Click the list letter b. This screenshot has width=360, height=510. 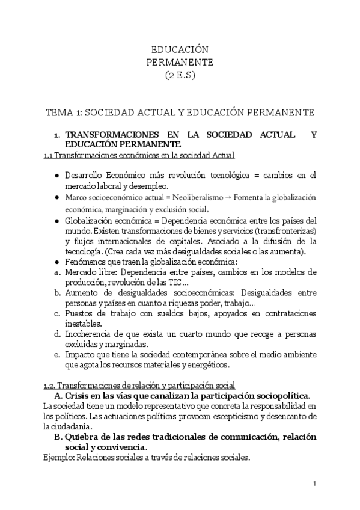tap(56, 292)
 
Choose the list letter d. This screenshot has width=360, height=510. tap(56, 334)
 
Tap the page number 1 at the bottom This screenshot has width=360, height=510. tap(315, 484)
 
